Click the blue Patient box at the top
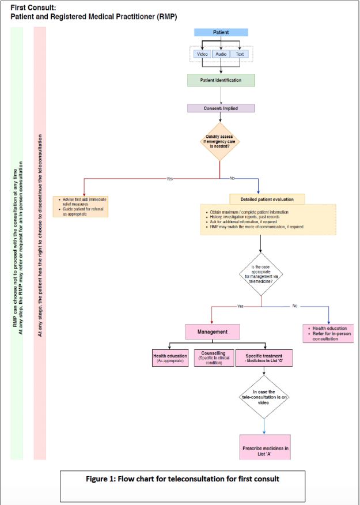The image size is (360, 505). (221, 32)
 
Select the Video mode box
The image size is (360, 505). (202, 54)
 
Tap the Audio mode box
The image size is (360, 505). (221, 54)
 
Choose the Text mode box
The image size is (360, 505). (240, 54)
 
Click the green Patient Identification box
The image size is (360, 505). (221, 80)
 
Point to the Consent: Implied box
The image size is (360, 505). (221, 108)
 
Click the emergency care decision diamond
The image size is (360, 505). (221, 141)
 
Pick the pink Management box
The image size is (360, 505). (212, 332)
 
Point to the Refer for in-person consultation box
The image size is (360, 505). (328, 333)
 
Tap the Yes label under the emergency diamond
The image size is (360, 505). (169, 179)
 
